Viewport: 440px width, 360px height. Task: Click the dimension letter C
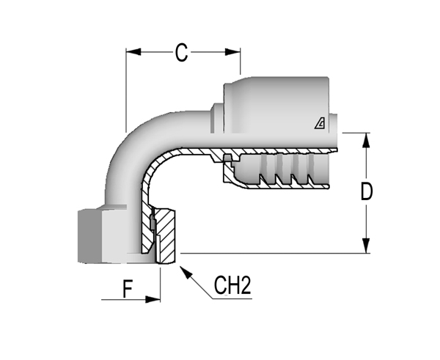[x=181, y=52]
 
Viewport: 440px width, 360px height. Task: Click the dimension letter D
[x=366, y=191]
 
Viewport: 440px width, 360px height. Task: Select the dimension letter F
[x=128, y=290]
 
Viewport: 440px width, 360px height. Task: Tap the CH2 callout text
[x=232, y=286]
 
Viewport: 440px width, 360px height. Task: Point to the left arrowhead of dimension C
[x=133, y=52]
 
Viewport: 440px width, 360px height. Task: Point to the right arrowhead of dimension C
[x=232, y=52]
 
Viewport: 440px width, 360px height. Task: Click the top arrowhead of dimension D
[x=366, y=140]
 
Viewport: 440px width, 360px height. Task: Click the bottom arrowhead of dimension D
[x=366, y=246]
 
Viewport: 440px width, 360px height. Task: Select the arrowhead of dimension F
[x=153, y=299]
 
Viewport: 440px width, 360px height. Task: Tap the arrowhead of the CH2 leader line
[x=186, y=272]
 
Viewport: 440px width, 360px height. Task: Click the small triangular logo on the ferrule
[x=320, y=124]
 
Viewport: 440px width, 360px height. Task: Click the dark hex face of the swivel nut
[x=89, y=236]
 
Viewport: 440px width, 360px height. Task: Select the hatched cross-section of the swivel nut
[x=166, y=235]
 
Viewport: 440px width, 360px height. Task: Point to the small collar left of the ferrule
[x=217, y=118]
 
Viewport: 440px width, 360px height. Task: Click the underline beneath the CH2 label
[x=232, y=298]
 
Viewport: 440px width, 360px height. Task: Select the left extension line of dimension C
[x=126, y=90]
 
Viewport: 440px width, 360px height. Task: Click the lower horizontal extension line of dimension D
[x=275, y=253]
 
